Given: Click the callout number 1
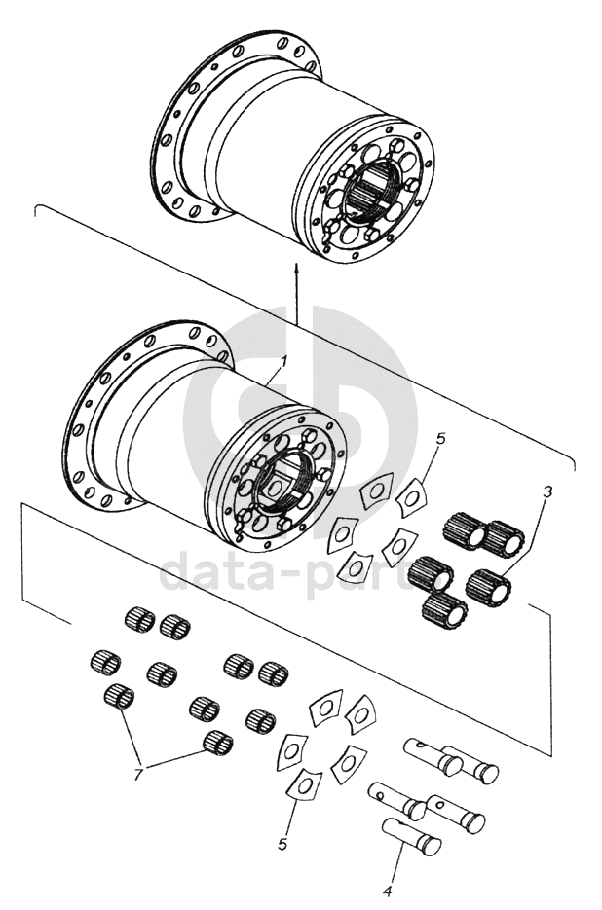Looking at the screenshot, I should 283,361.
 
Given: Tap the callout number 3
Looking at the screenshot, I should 547,492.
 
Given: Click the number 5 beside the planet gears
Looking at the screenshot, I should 440,439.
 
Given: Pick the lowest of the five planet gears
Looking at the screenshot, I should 443,610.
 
